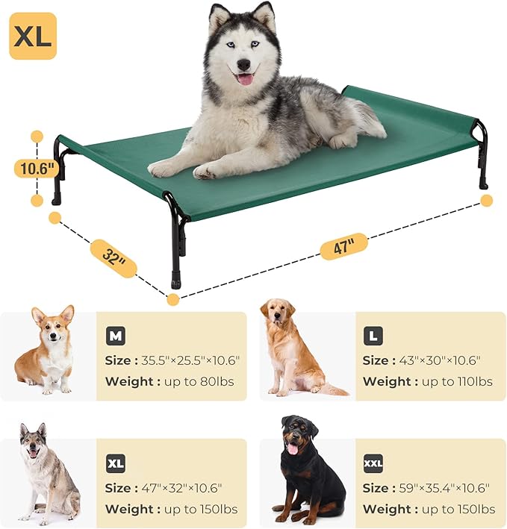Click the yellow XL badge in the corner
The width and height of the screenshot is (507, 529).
tap(33, 35)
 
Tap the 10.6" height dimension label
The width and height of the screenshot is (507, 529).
tap(36, 168)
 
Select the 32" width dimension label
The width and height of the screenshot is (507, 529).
tap(113, 257)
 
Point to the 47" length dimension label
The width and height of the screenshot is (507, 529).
tap(344, 245)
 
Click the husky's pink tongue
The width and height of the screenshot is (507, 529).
tap(245, 78)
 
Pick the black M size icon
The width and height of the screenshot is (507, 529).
tap(115, 337)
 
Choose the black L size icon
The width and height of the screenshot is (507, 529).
tap(373, 337)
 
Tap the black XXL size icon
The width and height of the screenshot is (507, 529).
tap(373, 463)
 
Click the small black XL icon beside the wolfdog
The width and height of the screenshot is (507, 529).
tap(115, 463)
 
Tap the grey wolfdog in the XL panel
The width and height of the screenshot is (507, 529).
tap(46, 473)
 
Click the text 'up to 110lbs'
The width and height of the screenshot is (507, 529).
tap(457, 381)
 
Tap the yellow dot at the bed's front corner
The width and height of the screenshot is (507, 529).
tap(173, 299)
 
